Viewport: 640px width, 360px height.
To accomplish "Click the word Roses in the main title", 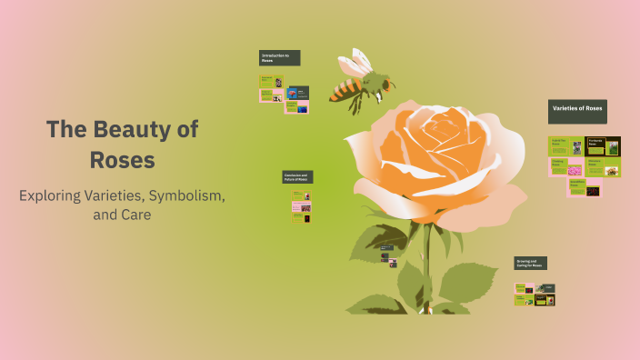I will (122, 160).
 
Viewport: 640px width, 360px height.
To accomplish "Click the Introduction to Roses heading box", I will (279, 57).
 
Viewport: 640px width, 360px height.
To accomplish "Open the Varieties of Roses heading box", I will (576, 111).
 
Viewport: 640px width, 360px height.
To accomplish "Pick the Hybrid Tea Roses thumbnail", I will (565, 145).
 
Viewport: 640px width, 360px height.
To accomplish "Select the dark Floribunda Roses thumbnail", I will (603, 145).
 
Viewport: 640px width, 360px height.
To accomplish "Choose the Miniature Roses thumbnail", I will (604, 167).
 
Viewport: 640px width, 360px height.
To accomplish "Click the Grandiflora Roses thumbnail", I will (584, 188).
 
